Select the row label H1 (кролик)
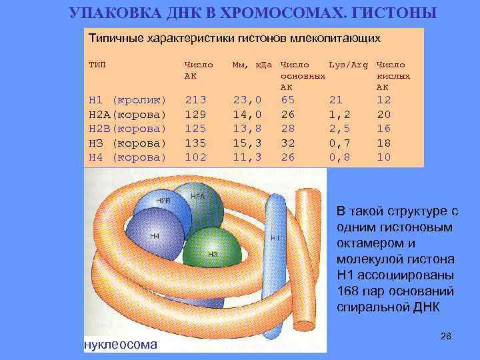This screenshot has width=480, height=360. tap(127, 100)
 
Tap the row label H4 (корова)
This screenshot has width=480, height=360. tap(127, 157)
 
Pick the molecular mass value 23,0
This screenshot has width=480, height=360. tap(246, 100)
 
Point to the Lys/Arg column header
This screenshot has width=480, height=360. tap(346, 65)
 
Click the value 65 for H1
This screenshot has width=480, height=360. tap(288, 100)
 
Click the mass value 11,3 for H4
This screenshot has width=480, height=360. tap(246, 157)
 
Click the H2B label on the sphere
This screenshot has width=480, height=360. tap(163, 200)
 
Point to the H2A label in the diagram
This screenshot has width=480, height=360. tap(197, 197)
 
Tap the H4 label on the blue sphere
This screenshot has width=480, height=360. tap(154, 236)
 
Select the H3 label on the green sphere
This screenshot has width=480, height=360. tap(213, 254)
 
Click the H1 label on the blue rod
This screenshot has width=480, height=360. tap(275, 237)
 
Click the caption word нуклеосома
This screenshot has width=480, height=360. tap(121, 344)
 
